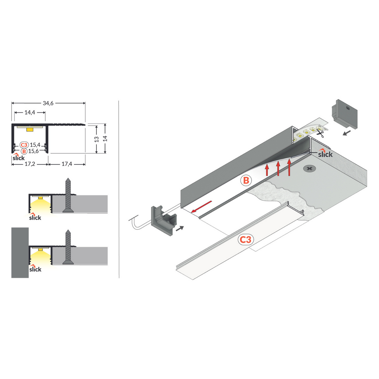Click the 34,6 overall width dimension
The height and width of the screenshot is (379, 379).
click(x=48, y=103)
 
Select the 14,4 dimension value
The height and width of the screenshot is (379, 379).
click(x=30, y=112)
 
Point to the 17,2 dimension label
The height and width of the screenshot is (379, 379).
click(x=30, y=164)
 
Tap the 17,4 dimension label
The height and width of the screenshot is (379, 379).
click(x=66, y=164)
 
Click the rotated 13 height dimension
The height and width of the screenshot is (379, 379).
click(x=96, y=139)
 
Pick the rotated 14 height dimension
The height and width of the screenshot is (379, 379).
click(x=105, y=139)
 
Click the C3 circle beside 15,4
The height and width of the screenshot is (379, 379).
click(x=24, y=145)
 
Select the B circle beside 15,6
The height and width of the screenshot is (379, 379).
click(x=24, y=151)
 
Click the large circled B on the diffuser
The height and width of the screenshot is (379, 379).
click(x=246, y=180)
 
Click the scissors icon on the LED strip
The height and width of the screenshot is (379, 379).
click(x=320, y=134)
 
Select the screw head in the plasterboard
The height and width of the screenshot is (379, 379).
click(x=309, y=169)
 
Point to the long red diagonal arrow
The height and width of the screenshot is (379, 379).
click(x=201, y=207)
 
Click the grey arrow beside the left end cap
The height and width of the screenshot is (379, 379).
click(x=180, y=229)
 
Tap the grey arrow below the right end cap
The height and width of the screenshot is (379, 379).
click(x=347, y=133)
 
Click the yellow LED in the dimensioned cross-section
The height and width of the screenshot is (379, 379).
click(x=30, y=129)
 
